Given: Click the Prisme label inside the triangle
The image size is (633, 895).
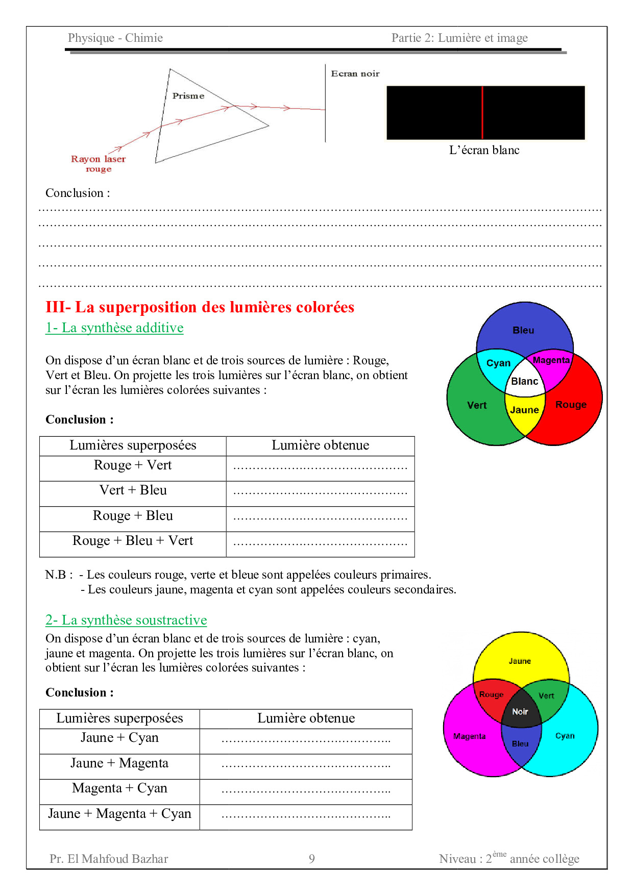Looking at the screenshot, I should (x=188, y=96).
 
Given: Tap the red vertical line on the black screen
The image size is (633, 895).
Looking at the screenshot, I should (x=482, y=113).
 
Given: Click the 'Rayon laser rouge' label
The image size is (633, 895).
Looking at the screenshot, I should (x=98, y=164).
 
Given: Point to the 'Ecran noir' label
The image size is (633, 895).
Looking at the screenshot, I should (x=355, y=74).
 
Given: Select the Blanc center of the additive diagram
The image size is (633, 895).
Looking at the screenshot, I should (x=525, y=381).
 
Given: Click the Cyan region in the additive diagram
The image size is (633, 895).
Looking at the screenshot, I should (x=498, y=363).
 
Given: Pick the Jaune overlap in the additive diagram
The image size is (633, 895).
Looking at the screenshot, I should (x=524, y=410).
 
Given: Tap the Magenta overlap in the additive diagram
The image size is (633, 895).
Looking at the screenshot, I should (x=551, y=361).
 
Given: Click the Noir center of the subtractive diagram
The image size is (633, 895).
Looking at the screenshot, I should (x=520, y=712).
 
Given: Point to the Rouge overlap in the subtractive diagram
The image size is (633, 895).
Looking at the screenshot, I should (x=492, y=695).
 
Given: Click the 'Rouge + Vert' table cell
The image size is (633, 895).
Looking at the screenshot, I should (x=133, y=465).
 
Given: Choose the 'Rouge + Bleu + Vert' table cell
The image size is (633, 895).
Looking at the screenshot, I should (x=133, y=541).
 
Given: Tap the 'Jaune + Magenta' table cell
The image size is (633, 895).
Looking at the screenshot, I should (x=119, y=763).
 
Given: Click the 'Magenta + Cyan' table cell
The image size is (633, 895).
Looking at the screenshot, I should (x=119, y=788).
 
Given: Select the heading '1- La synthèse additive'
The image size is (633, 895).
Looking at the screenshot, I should (x=114, y=328).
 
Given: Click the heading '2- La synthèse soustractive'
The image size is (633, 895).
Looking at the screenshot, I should (x=126, y=620).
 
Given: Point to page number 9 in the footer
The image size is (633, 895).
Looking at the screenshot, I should (x=312, y=859).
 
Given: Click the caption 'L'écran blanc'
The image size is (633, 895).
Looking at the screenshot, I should (x=484, y=150).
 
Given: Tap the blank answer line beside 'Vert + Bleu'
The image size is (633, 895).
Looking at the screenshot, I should (x=320, y=493).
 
